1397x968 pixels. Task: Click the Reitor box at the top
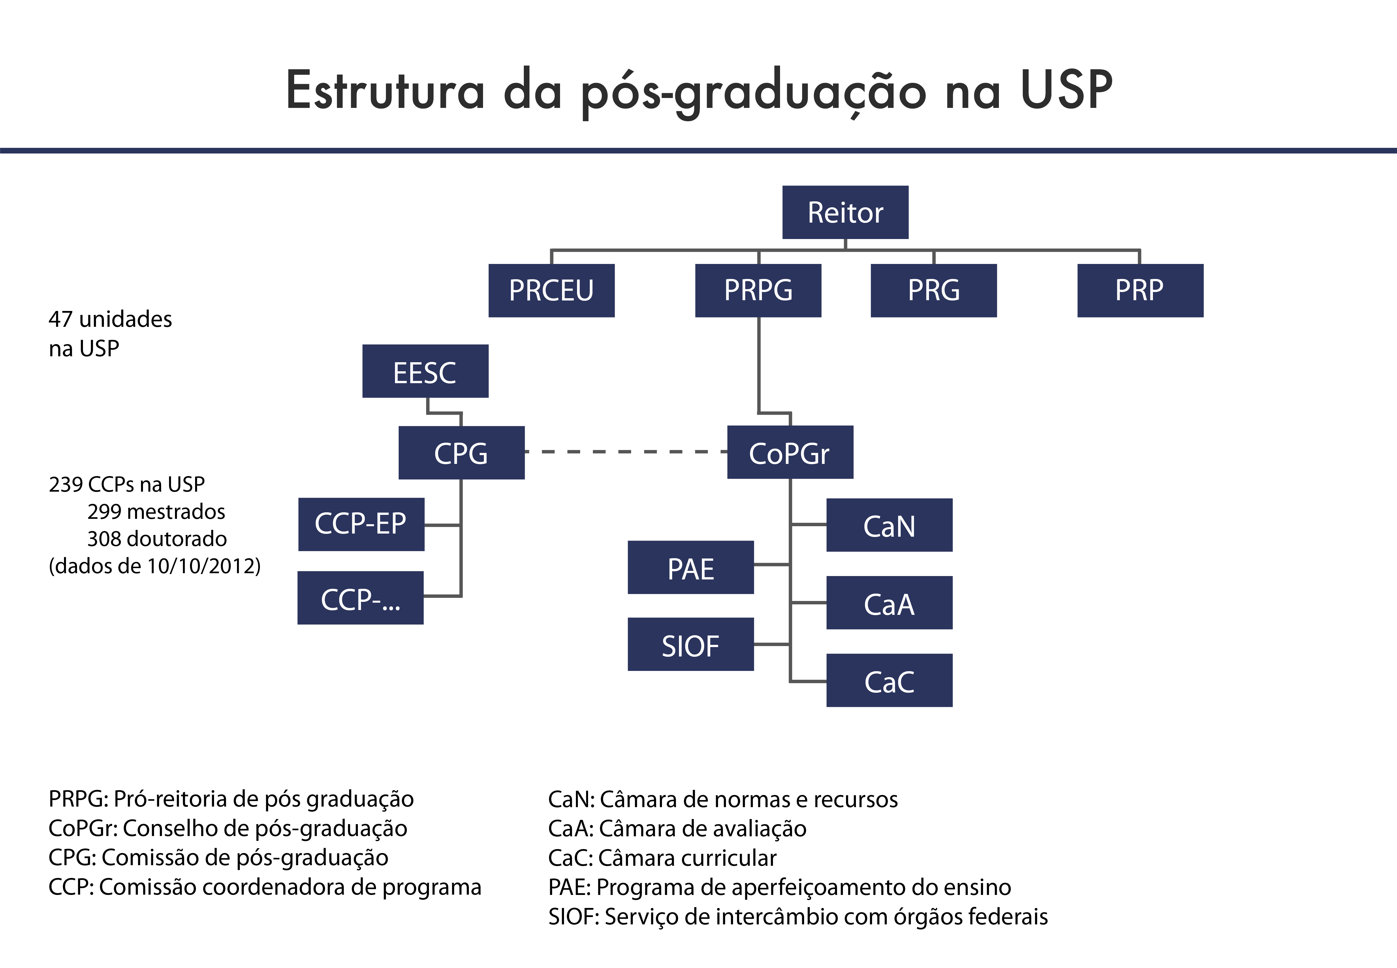pos(845,212)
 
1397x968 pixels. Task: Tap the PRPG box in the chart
pos(758,291)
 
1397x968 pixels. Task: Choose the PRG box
pos(934,291)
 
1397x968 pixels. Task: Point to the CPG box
pos(462,453)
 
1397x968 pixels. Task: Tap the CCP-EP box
pos(361,524)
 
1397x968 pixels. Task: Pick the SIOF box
pos(691,644)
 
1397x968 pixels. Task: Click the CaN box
pos(890,525)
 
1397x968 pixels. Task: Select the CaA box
pos(890,603)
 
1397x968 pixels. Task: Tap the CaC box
pos(890,681)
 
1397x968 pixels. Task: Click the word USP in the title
pos(1067,90)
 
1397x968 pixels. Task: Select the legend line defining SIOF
pos(798,916)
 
